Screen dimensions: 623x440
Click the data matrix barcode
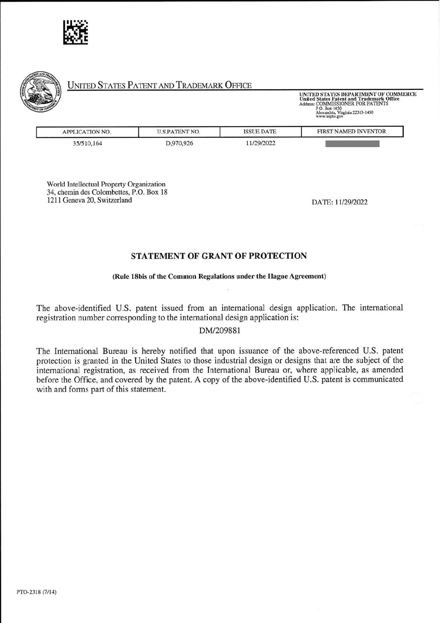(76, 32)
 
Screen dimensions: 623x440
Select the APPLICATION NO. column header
(87, 132)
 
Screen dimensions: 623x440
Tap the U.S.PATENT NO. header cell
(179, 132)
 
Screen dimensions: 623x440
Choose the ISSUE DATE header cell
(260, 132)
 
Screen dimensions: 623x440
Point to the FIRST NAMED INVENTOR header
(352, 132)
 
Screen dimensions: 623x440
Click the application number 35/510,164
(87, 143)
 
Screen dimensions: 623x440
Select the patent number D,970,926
(179, 143)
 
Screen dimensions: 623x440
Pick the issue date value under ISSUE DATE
(260, 143)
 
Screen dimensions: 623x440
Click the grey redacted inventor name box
(352, 144)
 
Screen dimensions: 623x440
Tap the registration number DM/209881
(220, 331)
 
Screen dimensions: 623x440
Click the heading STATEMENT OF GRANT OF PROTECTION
(219, 256)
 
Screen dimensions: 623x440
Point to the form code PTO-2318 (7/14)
(36, 592)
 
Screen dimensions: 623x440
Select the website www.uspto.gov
(329, 116)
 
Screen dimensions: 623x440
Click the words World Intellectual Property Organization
(106, 184)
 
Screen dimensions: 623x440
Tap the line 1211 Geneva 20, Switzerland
(89, 200)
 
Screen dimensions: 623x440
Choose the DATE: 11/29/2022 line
(339, 202)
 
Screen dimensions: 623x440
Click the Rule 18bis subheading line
(219, 276)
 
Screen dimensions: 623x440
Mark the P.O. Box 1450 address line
(329, 108)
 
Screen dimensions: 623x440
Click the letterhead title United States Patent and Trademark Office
(159, 85)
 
